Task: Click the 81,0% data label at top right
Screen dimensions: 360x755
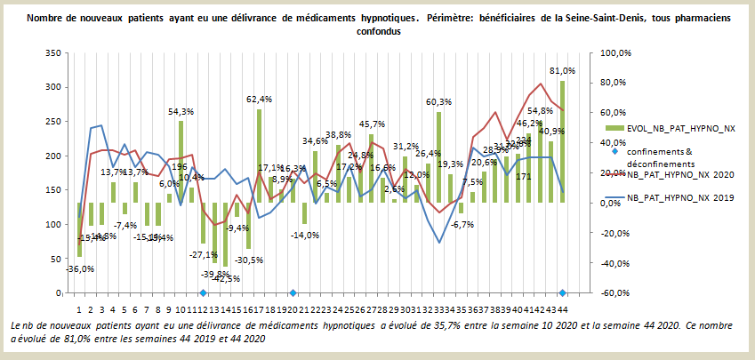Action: (562, 70)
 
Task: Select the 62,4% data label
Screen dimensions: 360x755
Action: (259, 99)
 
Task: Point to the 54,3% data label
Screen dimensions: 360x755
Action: (181, 111)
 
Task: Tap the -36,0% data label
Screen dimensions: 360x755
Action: (80, 268)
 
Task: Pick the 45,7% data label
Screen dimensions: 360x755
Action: (372, 124)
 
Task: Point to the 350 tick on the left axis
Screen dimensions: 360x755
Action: (52, 53)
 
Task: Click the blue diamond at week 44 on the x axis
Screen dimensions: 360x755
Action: (562, 292)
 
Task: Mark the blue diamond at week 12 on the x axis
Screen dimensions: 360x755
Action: (203, 292)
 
